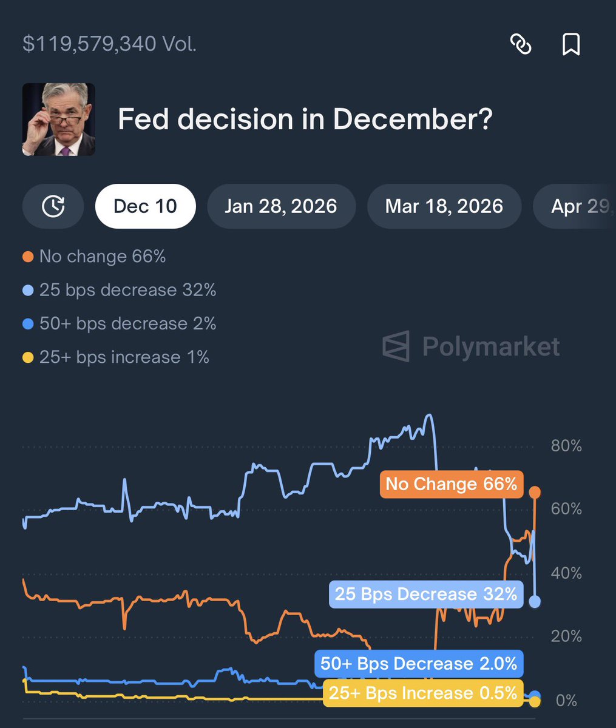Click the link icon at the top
coord(521,44)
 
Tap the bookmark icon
coord(570,44)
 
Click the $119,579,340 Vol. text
coord(109,44)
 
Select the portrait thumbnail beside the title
coord(59,120)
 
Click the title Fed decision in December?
coord(305,120)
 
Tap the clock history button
coord(53,206)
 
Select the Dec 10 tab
coord(145,206)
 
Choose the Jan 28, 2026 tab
coord(280,206)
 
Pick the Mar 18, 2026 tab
coord(444,206)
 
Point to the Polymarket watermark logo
coord(471,346)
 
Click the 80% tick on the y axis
coord(566,447)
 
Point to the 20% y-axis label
coord(566,636)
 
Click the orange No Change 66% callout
coord(451,484)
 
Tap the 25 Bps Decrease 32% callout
coord(426,594)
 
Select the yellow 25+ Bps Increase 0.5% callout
coord(423,693)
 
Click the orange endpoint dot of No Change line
coord(535,493)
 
